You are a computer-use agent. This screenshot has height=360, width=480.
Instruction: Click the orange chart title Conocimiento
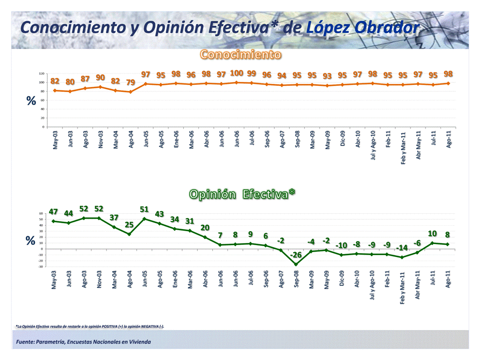click(241, 54)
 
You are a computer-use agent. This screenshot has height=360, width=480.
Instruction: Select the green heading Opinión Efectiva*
click(242, 194)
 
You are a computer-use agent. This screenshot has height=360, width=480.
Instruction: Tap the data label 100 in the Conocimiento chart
click(237, 73)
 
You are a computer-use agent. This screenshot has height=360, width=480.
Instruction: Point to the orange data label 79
click(131, 82)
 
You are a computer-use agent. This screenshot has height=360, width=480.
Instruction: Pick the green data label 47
click(54, 212)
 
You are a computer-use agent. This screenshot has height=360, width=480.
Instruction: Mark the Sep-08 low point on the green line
click(296, 265)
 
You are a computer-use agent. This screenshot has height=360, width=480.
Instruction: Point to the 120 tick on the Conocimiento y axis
click(41, 73)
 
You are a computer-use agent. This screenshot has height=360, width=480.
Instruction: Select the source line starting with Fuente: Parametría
click(83, 342)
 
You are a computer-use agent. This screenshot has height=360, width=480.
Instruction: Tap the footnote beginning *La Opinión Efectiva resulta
click(90, 326)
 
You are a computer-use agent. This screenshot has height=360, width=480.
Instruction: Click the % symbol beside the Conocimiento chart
click(30, 100)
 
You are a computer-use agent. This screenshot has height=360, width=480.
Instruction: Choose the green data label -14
click(402, 248)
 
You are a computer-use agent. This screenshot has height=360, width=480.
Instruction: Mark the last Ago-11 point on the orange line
click(448, 83)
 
